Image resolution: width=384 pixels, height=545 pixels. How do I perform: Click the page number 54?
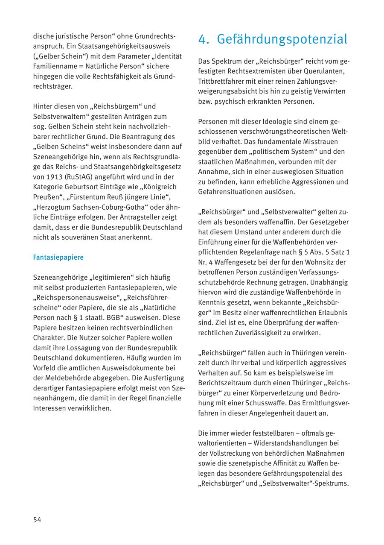[x=37, y=519]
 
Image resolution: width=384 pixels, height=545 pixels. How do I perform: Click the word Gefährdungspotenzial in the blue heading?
[x=282, y=39]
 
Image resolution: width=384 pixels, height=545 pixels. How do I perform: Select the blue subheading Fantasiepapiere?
[x=58, y=258]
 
